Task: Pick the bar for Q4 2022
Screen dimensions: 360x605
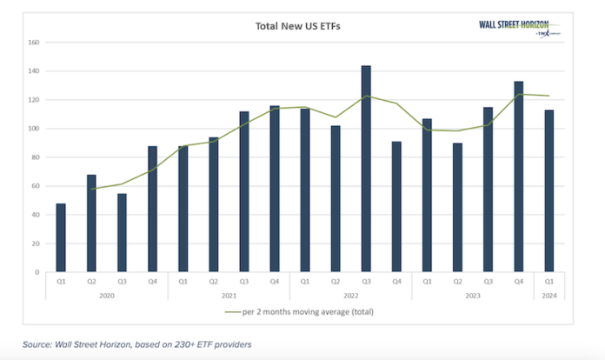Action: tap(396, 207)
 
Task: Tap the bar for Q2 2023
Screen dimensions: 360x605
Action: tap(457, 208)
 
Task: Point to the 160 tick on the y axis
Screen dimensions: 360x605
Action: tap(34, 43)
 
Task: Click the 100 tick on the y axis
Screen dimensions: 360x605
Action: tap(34, 129)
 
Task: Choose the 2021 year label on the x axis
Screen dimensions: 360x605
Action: tap(228, 295)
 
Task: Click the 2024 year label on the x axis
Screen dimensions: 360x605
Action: tap(548, 295)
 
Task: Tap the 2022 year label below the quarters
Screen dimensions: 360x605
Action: tap(350, 295)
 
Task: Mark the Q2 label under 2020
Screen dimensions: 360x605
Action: tap(91, 282)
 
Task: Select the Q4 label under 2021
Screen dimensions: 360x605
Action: tap(274, 282)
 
